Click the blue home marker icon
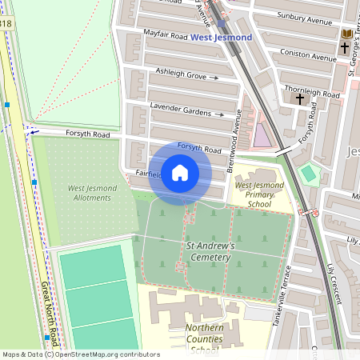click(180, 172)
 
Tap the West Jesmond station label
click(221, 38)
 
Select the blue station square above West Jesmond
click(222, 24)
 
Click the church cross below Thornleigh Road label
click(300, 99)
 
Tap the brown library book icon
click(346, 34)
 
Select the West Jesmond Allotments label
click(93, 193)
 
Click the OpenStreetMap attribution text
click(80, 354)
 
